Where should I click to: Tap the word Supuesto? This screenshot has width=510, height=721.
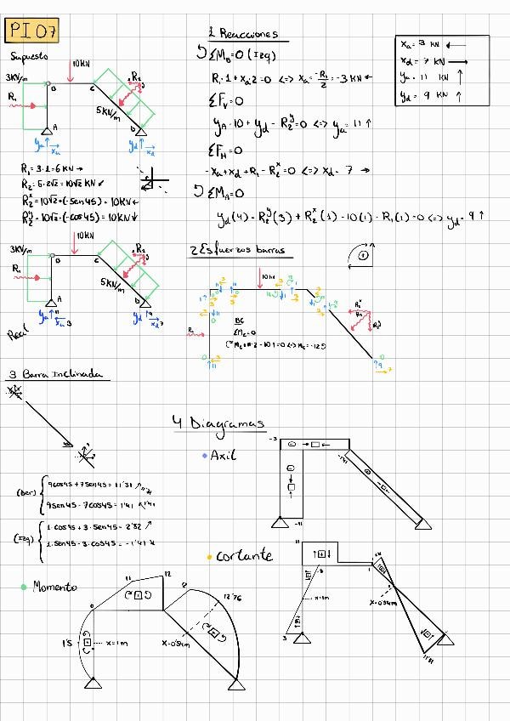pos(30,57)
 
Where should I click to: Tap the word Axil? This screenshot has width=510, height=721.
pos(223,456)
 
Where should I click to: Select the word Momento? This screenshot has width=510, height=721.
pos(56,588)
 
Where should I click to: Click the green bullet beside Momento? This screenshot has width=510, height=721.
pos(24,587)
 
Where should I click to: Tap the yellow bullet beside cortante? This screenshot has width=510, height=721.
pos(209,557)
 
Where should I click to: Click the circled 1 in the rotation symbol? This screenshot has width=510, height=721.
pos(363,254)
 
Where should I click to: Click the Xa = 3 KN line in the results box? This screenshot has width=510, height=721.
pos(431,43)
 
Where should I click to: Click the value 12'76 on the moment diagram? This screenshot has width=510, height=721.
pos(233,598)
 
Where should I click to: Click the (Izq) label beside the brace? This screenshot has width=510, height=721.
pos(25,536)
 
